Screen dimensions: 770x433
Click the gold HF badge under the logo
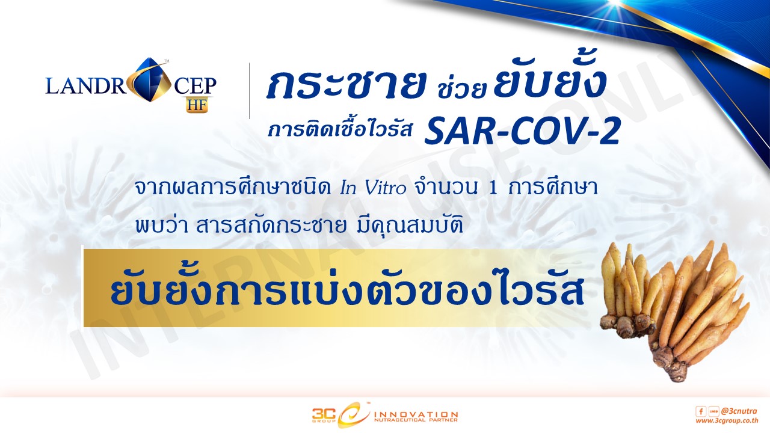198,105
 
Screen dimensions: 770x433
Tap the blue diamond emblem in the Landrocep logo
151,81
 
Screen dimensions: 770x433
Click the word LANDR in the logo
86,86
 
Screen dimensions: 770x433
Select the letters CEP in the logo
195,86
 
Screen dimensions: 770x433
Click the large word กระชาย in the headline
345,84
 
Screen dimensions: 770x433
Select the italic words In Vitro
374,188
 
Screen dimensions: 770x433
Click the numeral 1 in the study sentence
493,188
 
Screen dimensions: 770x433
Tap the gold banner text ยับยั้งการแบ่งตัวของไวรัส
347,292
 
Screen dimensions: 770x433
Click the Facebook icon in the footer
701,411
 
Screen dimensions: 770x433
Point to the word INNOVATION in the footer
416,415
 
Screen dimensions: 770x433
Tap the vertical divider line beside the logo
250,91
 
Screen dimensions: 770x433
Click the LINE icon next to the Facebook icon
713,411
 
